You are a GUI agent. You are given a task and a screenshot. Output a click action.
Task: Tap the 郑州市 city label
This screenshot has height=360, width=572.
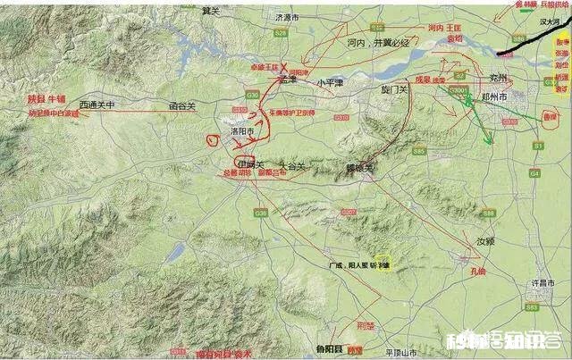515,95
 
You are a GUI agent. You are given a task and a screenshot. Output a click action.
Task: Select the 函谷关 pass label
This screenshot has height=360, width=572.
182,105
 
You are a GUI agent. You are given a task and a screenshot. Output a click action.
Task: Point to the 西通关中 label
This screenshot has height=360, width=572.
97,105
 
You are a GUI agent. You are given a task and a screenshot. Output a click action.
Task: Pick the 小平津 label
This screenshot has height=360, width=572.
330,82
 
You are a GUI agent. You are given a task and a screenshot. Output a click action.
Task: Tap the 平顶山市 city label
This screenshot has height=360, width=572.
405,352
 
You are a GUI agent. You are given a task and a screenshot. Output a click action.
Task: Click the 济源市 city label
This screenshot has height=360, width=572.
291,15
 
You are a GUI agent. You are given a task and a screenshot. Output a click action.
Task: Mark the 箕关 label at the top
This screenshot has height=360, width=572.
211,10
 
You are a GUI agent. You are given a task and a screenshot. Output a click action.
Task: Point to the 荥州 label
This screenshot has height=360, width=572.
506,79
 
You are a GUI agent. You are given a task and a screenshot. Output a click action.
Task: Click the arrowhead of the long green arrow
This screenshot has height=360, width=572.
489,140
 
